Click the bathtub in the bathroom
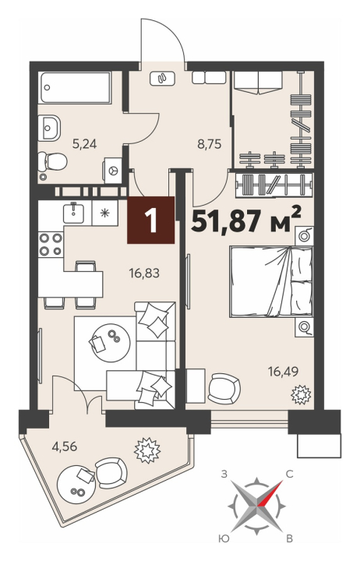[75, 88]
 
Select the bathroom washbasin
[50, 128]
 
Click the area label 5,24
[84, 145]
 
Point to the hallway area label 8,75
[210, 145]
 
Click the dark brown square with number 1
[150, 220]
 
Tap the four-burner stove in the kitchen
[51, 244]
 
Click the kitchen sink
[74, 213]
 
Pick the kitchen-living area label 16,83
[144, 274]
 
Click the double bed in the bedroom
[270, 281]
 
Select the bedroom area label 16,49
[283, 372]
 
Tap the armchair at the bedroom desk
[224, 388]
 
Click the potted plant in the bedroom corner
[302, 394]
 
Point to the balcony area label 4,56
[65, 446]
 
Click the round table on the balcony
[77, 483]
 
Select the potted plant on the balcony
[146, 450]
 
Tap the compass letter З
[224, 475]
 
